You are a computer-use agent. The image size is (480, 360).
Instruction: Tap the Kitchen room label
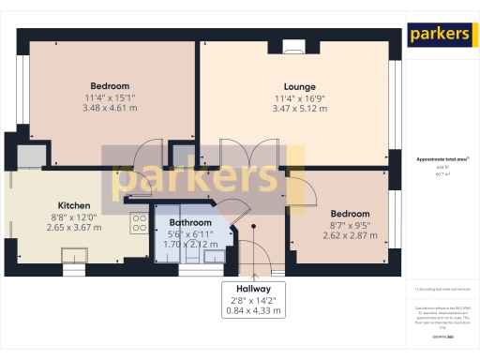click(74, 205)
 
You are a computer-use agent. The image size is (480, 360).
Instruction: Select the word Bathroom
click(189, 223)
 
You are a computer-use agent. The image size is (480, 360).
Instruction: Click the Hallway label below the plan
click(254, 289)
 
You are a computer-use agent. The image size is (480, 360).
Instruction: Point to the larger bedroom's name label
click(110, 85)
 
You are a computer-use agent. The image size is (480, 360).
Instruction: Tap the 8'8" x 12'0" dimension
click(74, 217)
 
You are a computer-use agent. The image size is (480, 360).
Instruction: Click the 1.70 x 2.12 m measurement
click(189, 244)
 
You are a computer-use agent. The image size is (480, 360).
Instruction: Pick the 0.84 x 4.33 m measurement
click(254, 310)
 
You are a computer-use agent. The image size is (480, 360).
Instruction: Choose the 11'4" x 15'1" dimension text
click(110, 97)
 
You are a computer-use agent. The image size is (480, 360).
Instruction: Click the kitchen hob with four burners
click(139, 222)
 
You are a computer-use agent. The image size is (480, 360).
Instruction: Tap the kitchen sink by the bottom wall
click(75, 255)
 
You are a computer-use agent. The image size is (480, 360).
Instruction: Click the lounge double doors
click(235, 155)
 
